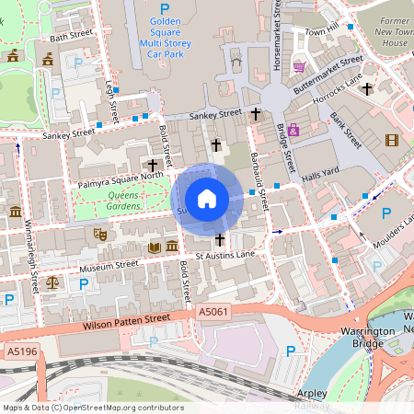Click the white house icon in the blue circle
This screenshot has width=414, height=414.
point(207,198)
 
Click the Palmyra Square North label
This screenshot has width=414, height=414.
point(120,177)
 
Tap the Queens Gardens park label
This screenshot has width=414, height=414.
point(123,201)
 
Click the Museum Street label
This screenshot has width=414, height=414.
point(109,265)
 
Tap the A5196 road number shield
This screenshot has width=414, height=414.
point(22,351)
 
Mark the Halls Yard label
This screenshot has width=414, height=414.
point(322,171)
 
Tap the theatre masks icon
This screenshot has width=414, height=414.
point(100,236)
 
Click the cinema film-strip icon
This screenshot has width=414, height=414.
point(393,140)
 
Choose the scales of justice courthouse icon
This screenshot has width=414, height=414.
point(52,282)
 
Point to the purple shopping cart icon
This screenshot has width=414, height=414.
point(299,66)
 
